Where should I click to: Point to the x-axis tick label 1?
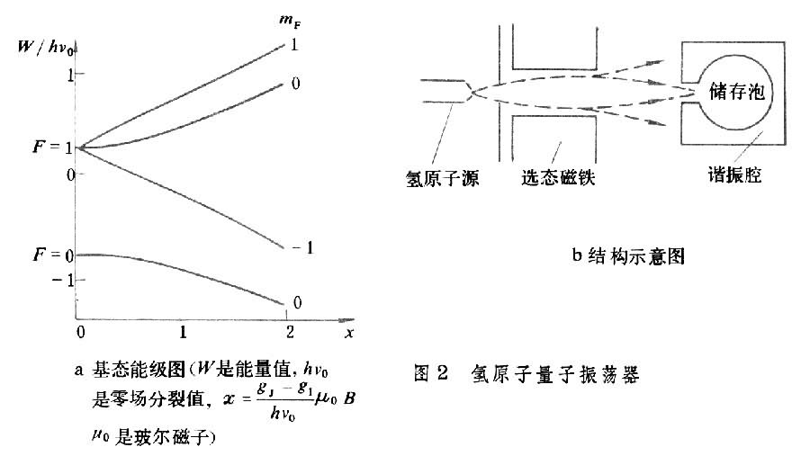[x=183, y=331]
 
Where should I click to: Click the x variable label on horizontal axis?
[x=346, y=332]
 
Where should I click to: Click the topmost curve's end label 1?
[x=294, y=44]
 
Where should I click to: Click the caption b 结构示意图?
[x=628, y=257]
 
